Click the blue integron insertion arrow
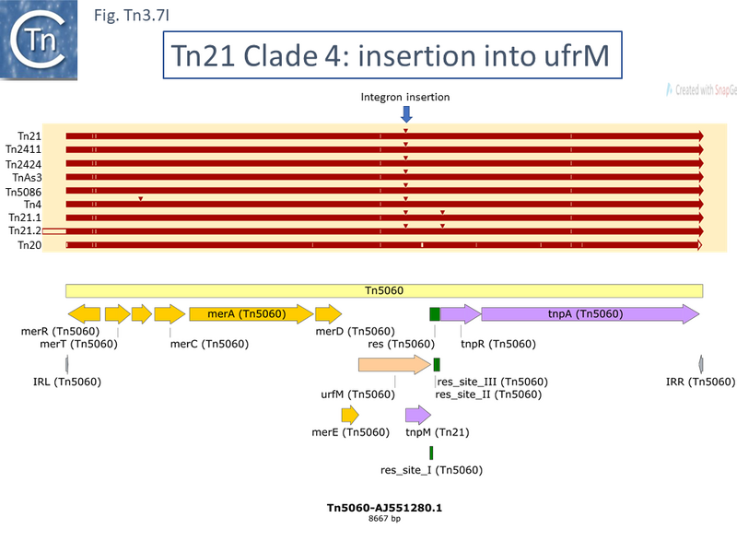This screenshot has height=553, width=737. coord(406,113)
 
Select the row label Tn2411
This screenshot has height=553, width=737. coord(23,149)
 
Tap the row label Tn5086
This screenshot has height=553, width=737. coord(23,191)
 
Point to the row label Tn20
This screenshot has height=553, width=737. coord(29,245)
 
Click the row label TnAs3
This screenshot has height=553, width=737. coord(26,177)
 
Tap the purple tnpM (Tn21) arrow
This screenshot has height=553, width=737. coord(417,416)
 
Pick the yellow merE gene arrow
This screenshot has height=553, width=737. coord(349,416)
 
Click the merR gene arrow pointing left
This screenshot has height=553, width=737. coord(84,314)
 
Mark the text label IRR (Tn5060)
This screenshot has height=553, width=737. coord(700,382)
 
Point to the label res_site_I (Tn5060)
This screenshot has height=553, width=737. coord(431,470)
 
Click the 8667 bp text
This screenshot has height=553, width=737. coord(383,520)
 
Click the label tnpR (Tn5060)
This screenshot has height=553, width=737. coord(497,344)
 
